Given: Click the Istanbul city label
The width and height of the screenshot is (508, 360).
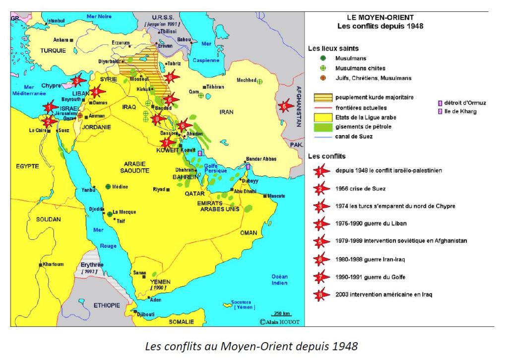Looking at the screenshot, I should click(56, 21).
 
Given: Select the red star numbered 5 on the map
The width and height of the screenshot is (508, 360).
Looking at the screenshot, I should click(284, 106).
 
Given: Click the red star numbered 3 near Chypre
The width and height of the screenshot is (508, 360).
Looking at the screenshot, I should click(76, 80).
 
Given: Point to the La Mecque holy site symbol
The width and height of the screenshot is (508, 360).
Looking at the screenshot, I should click(110, 214).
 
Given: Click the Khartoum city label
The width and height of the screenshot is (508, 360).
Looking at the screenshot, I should click(53, 264).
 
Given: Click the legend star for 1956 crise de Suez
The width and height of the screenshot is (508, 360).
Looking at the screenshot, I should click(321, 189).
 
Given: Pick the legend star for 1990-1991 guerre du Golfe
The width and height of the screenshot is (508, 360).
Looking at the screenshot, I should click(321, 277).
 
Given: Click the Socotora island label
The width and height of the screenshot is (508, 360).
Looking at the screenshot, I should click(240, 302).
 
